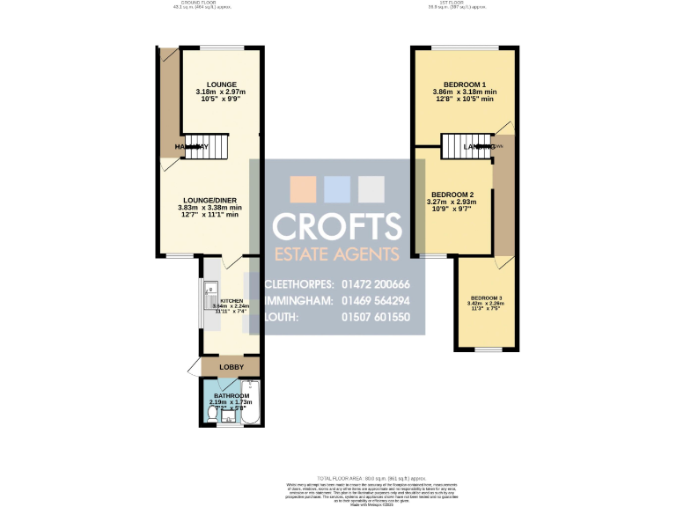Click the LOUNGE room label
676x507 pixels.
221,84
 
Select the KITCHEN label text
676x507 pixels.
231,300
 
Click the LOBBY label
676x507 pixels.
231,366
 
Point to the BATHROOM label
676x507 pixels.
230,396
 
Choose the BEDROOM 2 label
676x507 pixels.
452,195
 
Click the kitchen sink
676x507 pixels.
211,298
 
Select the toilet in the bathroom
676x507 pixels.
212,411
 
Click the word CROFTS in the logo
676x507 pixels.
337,227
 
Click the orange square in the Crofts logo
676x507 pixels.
303,188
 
